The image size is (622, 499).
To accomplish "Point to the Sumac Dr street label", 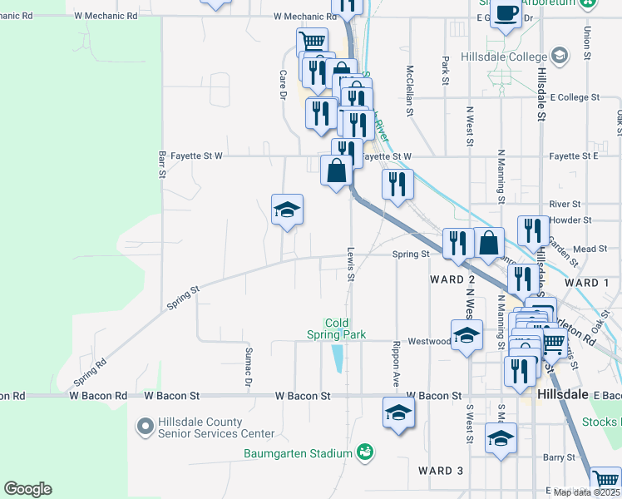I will pyautogui.click(x=248, y=367).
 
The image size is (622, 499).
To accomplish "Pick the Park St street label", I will pyautogui.click(x=446, y=72).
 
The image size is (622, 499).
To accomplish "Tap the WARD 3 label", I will pyautogui.click(x=441, y=471).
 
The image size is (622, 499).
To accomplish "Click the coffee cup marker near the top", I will pyautogui.click(x=506, y=14).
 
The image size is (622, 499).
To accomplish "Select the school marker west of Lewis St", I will pyautogui.click(x=287, y=210).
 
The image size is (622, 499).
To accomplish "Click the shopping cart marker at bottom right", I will pyautogui.click(x=606, y=481).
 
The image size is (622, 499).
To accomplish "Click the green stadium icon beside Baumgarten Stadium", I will pyautogui.click(x=363, y=453).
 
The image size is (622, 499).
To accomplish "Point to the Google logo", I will pyautogui.click(x=27, y=489).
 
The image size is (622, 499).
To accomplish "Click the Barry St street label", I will pyautogui.click(x=559, y=457).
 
